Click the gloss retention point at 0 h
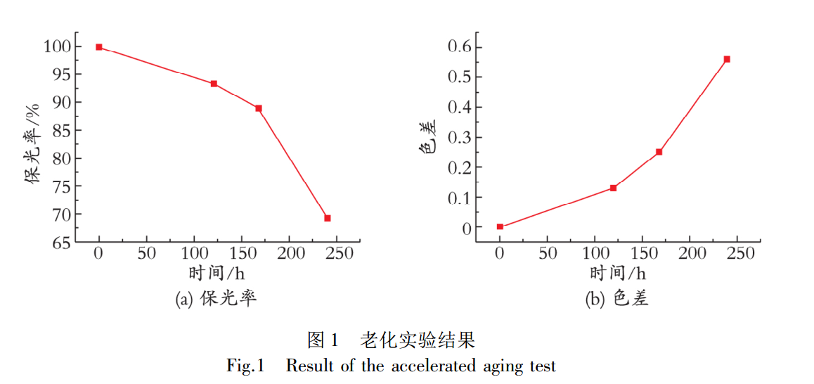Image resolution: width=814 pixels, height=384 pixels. point(99,47)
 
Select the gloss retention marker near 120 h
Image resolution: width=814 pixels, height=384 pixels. point(214,84)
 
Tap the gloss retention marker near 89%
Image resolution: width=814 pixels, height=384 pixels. point(259,108)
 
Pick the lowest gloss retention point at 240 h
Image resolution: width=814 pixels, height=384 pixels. point(328,218)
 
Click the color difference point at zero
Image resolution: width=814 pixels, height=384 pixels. point(500,226)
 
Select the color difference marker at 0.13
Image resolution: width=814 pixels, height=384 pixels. point(613,188)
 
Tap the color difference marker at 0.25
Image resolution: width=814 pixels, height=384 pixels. point(659,152)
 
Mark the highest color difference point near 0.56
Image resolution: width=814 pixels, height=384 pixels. point(727,59)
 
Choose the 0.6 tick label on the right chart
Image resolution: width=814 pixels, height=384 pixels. point(460,47)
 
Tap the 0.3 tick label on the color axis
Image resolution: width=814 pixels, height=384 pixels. point(460,138)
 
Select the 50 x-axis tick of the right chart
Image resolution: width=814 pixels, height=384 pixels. point(548,253)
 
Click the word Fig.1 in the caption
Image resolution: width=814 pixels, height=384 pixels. point(245,366)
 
